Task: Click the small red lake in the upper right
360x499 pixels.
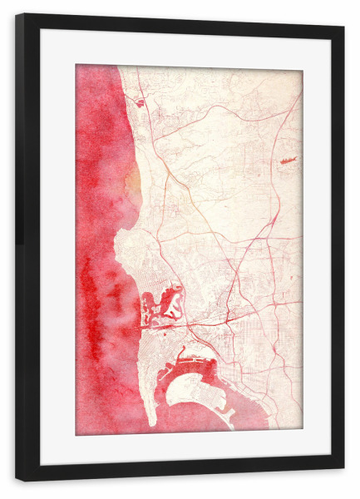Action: [288, 160]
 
